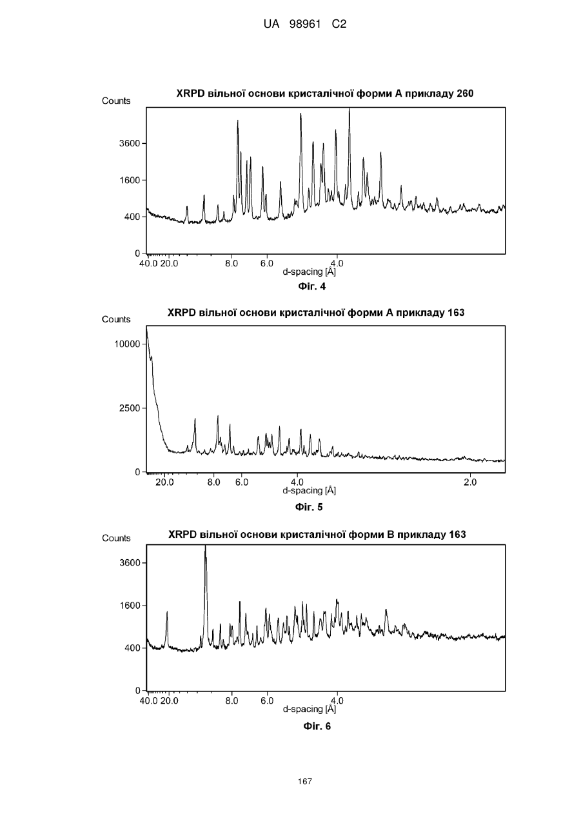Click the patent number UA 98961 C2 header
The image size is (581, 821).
click(x=305, y=25)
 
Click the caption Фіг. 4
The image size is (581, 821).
click(x=311, y=286)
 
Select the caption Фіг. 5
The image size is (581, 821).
click(x=309, y=507)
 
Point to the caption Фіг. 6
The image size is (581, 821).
click(x=317, y=726)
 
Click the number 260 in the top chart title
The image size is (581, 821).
click(x=465, y=94)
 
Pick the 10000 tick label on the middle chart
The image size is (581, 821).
click(x=127, y=344)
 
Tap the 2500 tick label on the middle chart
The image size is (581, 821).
click(x=130, y=408)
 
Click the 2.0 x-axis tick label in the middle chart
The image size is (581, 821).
click(x=470, y=482)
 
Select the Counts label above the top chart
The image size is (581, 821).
click(x=116, y=101)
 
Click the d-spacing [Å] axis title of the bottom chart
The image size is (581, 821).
click(x=309, y=709)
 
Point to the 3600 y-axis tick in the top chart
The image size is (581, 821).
click(x=130, y=143)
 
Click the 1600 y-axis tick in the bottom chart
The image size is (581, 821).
click(x=130, y=605)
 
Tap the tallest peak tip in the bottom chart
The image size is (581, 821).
click(x=205, y=546)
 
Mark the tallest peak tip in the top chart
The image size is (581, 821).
click(x=350, y=108)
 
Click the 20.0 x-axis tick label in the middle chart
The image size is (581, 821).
click(x=164, y=482)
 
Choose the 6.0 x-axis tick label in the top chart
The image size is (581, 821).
click(x=267, y=264)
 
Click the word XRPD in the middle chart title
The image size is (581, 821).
click(x=182, y=313)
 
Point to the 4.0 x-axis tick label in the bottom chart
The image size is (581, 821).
click(x=337, y=700)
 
